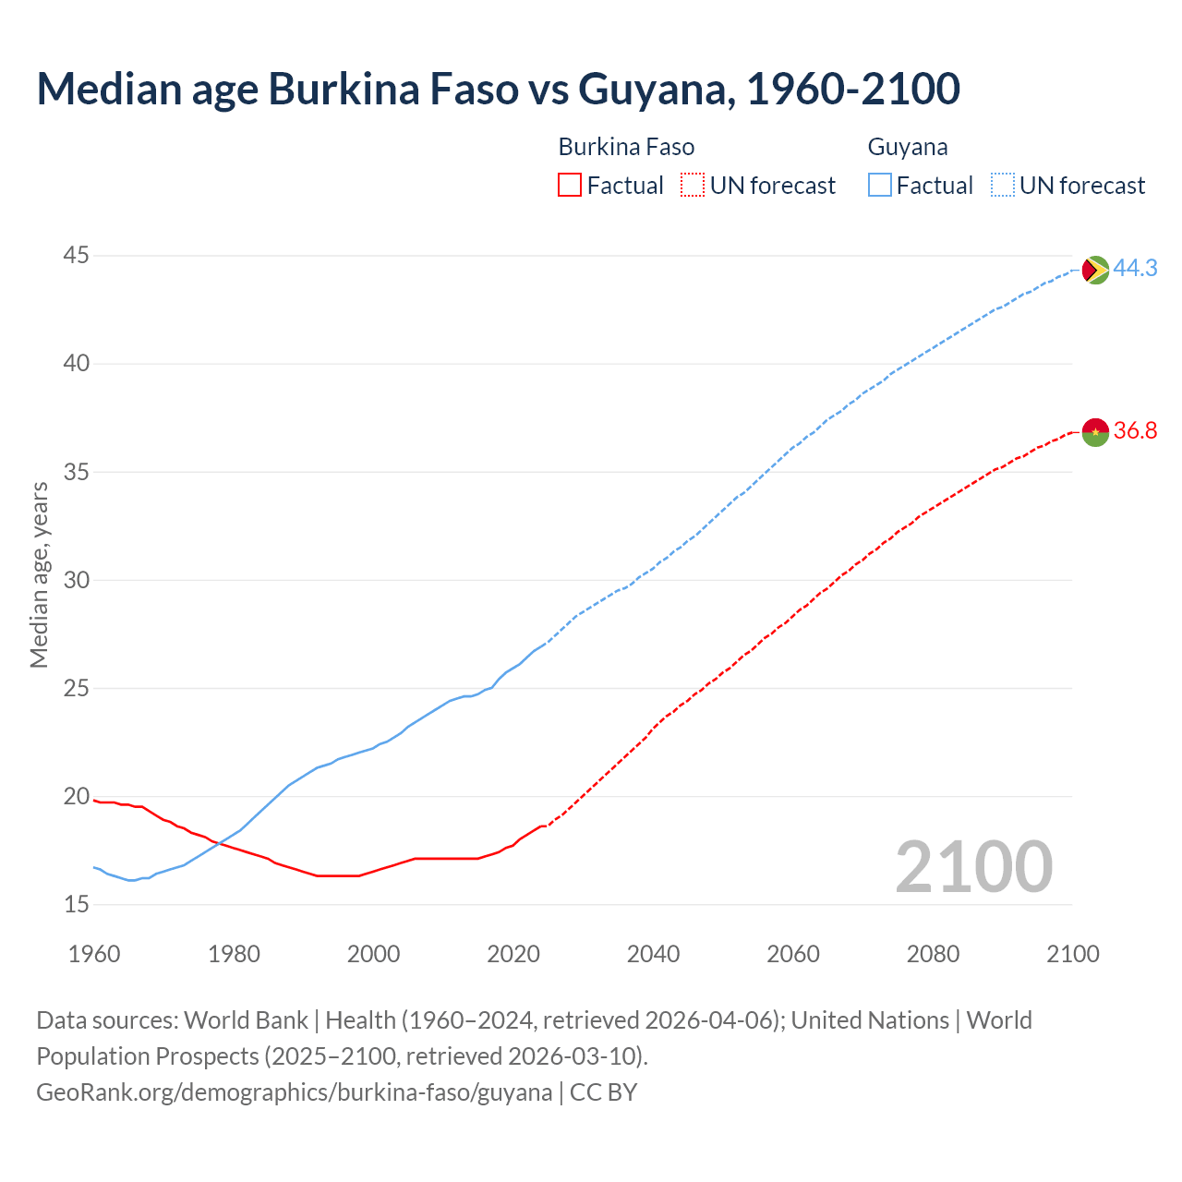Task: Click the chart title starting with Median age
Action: click(498, 90)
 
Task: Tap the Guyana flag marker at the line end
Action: click(1094, 270)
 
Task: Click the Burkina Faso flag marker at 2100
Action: click(1094, 431)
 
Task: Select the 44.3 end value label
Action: click(1135, 269)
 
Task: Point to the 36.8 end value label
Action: click(1135, 431)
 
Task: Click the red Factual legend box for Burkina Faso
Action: click(570, 186)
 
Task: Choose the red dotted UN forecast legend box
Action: click(693, 186)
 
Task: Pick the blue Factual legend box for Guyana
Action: click(880, 186)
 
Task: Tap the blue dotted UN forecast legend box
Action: click(1003, 186)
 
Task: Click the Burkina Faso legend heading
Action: click(626, 148)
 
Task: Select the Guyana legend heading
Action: click(907, 148)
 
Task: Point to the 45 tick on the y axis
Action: click(77, 256)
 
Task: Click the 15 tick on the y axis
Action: click(77, 905)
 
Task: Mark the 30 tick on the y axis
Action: click(77, 581)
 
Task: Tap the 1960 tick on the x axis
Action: click(94, 954)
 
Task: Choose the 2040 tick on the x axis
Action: click(653, 954)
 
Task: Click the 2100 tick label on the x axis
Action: click(1072, 954)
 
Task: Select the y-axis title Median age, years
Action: click(39, 574)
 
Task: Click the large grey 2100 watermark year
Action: click(973, 867)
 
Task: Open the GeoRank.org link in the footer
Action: click(294, 1092)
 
